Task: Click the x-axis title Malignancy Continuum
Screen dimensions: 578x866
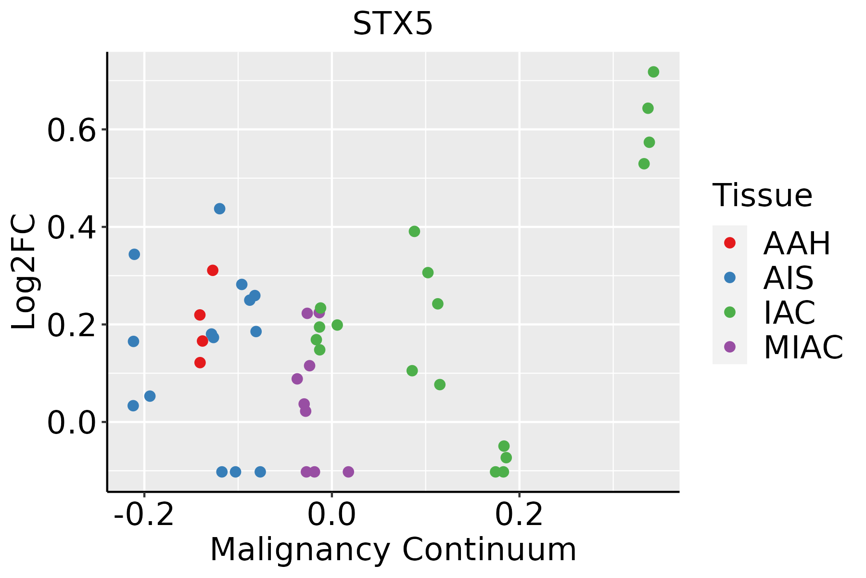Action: (x=393, y=550)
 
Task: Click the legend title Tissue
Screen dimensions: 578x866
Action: (x=762, y=196)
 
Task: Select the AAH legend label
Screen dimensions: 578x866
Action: (x=797, y=243)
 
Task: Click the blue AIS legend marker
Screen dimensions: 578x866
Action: (x=729, y=277)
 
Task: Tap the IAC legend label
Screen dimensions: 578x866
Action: (x=789, y=312)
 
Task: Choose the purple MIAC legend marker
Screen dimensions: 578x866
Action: (x=729, y=347)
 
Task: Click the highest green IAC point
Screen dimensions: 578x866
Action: (x=653, y=72)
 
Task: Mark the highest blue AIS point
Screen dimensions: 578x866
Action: (x=219, y=209)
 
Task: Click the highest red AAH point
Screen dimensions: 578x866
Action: (x=213, y=270)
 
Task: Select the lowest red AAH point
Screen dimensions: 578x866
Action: (x=200, y=362)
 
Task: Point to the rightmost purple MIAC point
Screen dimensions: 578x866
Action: (x=348, y=472)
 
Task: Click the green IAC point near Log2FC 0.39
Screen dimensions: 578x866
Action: (x=414, y=231)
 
